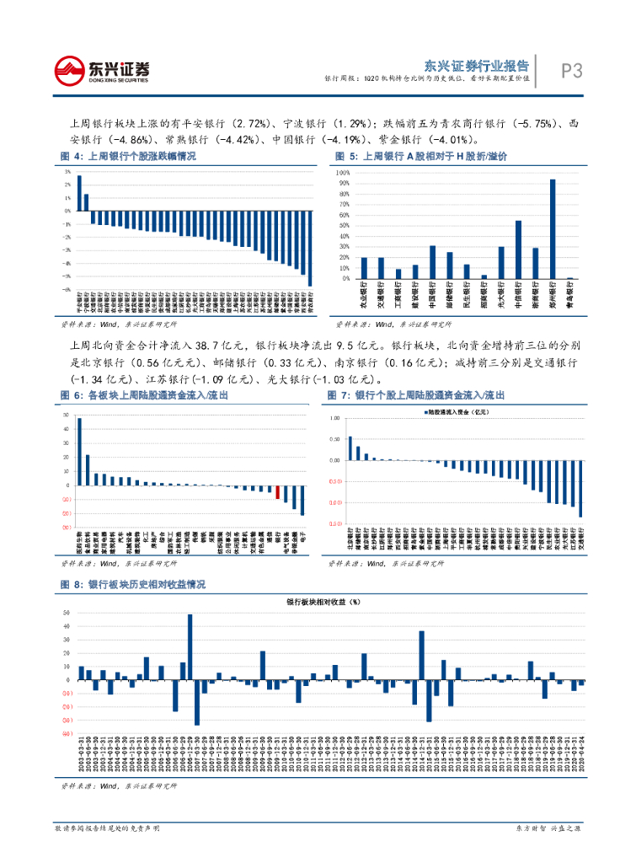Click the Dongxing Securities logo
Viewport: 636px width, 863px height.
[x=101, y=71]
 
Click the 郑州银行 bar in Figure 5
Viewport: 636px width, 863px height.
[x=553, y=228]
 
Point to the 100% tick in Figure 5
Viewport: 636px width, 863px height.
[x=344, y=172]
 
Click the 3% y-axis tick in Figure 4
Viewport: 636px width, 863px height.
[x=67, y=171]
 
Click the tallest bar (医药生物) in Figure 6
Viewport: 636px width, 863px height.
[x=79, y=452]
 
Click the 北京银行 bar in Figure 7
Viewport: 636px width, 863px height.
[x=350, y=448]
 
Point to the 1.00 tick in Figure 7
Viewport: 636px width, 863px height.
[x=334, y=418]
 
